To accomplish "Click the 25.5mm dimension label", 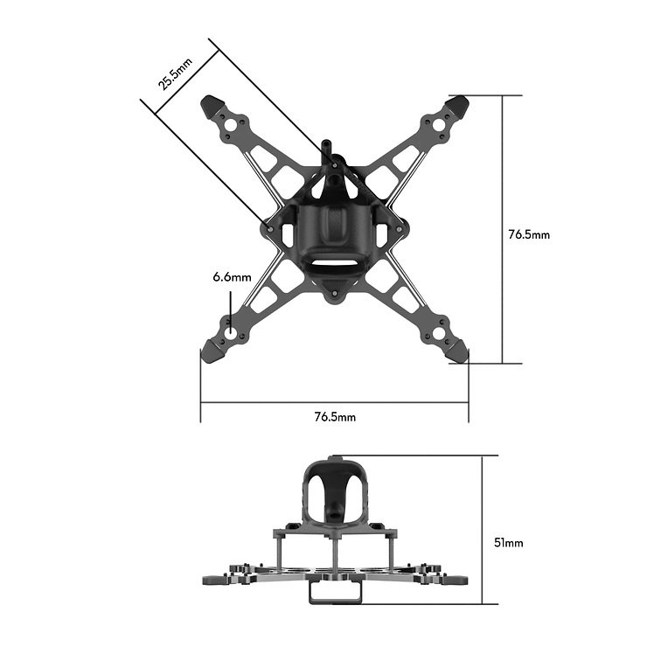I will coord(175,71).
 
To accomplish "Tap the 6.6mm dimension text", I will coord(231,277).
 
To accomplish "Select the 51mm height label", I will coord(509,543).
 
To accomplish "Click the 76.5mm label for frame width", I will coord(335,417).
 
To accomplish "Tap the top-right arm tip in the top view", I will coord(459,107).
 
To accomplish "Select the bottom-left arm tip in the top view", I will coord(212,351).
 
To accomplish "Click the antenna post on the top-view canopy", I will coord(327,150).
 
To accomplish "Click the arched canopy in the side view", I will coord(335,486).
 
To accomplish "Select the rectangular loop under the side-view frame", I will coord(335,592).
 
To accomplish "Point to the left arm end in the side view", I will coord(210,578).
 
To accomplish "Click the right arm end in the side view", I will coord(461,578).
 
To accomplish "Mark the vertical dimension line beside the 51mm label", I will coord(484,529).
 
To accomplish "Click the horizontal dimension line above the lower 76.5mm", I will coord(335,403).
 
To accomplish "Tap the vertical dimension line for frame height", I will coord(502,229).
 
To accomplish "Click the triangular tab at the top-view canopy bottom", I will coord(335,291).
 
